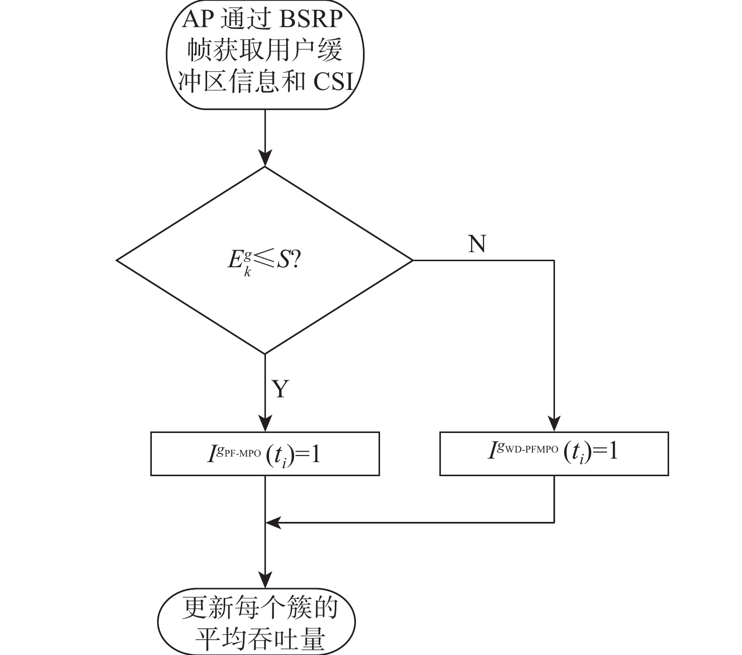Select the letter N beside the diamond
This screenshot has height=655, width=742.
pos(477,244)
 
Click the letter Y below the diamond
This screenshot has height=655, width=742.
pos(281,388)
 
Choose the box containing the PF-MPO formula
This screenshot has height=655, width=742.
pos(265,454)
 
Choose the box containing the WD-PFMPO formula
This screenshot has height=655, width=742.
pos(554,453)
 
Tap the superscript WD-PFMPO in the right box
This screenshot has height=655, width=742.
pos(533,450)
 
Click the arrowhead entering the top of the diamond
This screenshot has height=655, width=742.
pos(265,159)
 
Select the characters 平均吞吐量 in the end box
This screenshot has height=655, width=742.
pos(260,639)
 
